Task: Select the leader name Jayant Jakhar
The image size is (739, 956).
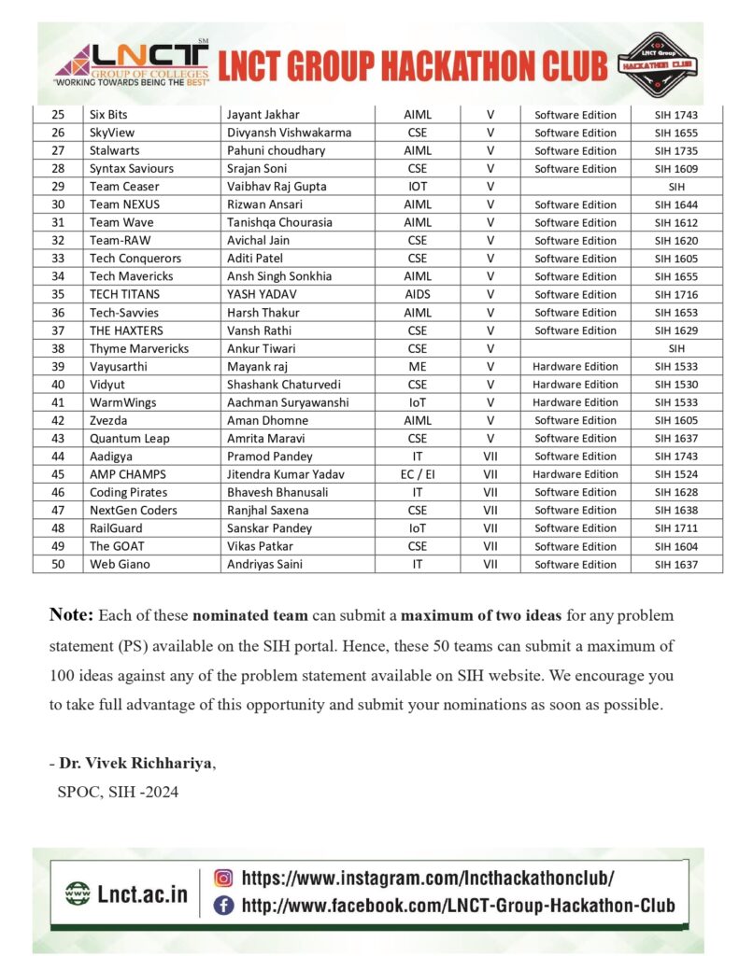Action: tap(263, 115)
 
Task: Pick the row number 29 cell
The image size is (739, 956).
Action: tap(58, 187)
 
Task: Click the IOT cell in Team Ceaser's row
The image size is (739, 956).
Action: tap(418, 187)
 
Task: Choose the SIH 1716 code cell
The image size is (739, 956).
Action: tap(676, 294)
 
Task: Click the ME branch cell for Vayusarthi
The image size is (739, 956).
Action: tap(418, 366)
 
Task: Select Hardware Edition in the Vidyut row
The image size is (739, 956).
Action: tap(575, 384)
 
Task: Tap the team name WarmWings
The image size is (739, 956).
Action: tap(123, 402)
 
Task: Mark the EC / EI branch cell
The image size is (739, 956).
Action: tap(418, 474)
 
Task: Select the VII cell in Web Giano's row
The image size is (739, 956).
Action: tap(490, 564)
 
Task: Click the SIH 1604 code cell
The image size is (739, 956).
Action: tap(676, 546)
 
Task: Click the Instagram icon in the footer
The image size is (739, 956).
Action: tap(223, 878)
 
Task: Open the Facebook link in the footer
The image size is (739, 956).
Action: tap(457, 905)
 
